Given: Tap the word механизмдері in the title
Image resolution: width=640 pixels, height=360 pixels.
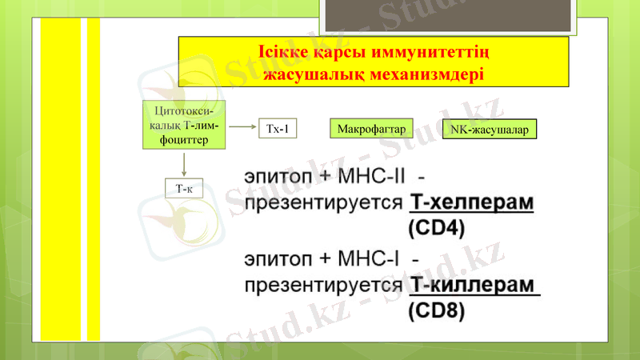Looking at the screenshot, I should (x=425, y=74).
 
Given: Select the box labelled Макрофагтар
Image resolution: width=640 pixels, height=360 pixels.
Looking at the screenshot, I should (x=368, y=129).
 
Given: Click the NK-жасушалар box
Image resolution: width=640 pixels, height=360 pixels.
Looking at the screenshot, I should (x=489, y=129).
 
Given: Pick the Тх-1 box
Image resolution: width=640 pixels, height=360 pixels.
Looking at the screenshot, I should (x=275, y=129).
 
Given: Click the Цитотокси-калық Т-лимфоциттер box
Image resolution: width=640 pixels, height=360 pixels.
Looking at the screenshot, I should (x=184, y=125).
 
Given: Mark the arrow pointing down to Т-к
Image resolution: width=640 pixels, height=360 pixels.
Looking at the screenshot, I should (x=185, y=163).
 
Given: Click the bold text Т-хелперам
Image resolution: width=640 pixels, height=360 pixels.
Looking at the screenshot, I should (x=471, y=202).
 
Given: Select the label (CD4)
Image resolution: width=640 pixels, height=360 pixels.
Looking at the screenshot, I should (x=436, y=228).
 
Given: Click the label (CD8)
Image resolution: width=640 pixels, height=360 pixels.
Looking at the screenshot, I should (x=436, y=311).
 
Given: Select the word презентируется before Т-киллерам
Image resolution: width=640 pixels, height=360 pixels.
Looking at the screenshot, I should (x=322, y=285).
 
